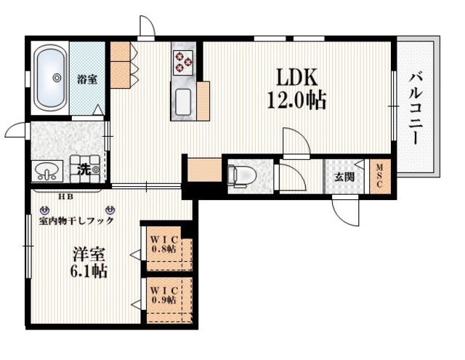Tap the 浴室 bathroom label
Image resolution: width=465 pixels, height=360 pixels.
pyautogui.click(x=87, y=79)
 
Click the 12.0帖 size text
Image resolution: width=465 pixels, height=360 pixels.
pyautogui.click(x=297, y=100)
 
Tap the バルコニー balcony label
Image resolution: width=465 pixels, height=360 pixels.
pyautogui.click(x=418, y=107)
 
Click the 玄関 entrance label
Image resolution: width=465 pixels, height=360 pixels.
pyautogui.click(x=344, y=177)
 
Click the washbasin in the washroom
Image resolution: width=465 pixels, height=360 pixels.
pyautogui.click(x=46, y=172)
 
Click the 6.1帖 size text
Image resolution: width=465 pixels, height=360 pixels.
pyautogui.click(x=89, y=273)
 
